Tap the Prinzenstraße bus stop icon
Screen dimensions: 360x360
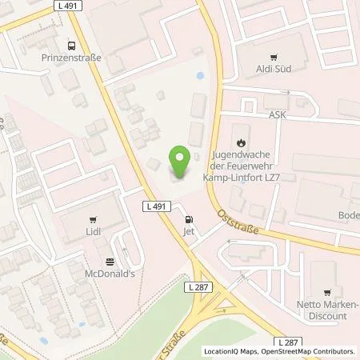point(71,46)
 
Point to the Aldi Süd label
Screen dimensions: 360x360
point(275,69)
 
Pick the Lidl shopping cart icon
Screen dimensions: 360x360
point(93,218)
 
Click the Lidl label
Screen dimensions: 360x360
point(93,230)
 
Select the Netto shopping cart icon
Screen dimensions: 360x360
point(326,294)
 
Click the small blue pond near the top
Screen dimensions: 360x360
point(198,77)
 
